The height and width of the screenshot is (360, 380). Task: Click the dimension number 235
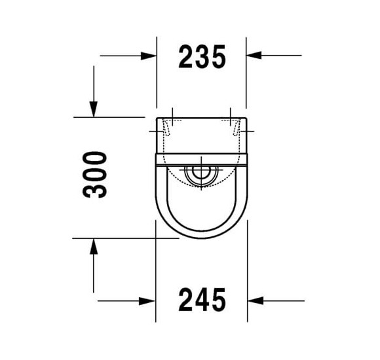(x=202, y=57)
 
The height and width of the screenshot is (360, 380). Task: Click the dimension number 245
(x=202, y=300)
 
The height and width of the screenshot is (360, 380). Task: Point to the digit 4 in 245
(x=202, y=300)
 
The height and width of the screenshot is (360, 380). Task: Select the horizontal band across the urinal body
(x=201, y=161)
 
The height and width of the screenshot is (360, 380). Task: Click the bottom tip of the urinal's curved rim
(x=201, y=238)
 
